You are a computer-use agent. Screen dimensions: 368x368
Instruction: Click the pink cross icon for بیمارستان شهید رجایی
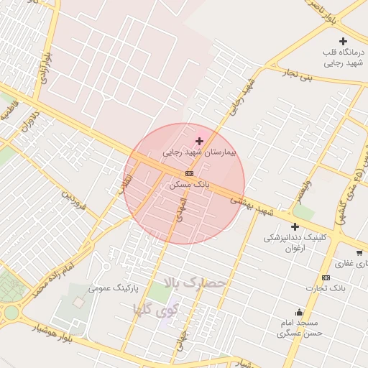coord(199,141)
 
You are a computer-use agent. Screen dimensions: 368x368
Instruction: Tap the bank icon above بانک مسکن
coord(189,173)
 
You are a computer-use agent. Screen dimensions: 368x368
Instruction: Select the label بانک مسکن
coord(189,184)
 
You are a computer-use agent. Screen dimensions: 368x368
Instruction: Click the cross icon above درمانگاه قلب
coord(343,41)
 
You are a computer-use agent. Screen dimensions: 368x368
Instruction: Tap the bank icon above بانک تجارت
coord(326,277)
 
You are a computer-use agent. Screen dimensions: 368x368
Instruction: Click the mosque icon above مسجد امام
coord(300,312)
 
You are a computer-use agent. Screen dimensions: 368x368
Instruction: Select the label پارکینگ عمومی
coord(111,288)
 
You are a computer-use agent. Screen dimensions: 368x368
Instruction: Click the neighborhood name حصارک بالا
coord(195,282)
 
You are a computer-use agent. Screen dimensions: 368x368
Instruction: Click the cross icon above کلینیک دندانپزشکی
coord(295,226)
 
